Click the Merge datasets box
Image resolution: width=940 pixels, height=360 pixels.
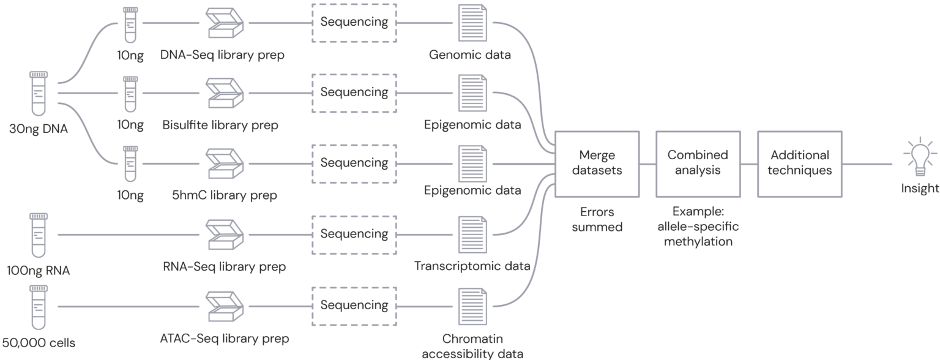point(597,163)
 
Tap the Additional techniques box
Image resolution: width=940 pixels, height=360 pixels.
point(799,163)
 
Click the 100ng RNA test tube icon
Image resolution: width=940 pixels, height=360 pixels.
point(38,235)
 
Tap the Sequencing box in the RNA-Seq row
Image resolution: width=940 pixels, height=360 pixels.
point(354,234)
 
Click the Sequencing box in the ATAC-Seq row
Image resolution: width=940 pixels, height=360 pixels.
point(354,305)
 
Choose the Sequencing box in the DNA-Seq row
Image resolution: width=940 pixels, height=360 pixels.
point(354,22)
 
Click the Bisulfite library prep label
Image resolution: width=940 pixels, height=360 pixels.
point(220,126)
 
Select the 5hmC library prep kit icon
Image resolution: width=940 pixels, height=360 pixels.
point(224,163)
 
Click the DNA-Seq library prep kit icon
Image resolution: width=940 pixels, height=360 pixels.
point(224,23)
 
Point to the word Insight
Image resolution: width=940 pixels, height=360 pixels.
point(919,189)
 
